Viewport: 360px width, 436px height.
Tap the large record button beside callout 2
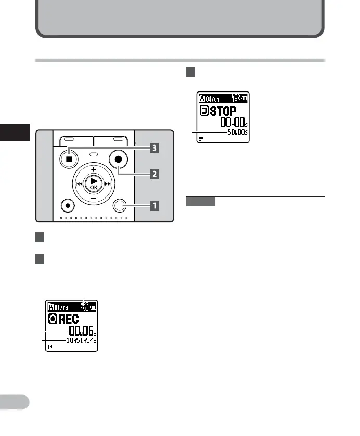pyautogui.click(x=119, y=160)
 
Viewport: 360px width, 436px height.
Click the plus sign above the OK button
pyautogui.click(x=94, y=170)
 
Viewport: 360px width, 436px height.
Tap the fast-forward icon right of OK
pyautogui.click(x=109, y=184)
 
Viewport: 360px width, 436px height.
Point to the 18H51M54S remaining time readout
pyautogui.click(x=81, y=340)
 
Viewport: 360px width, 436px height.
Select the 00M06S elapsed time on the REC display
pyautogui.click(x=82, y=330)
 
